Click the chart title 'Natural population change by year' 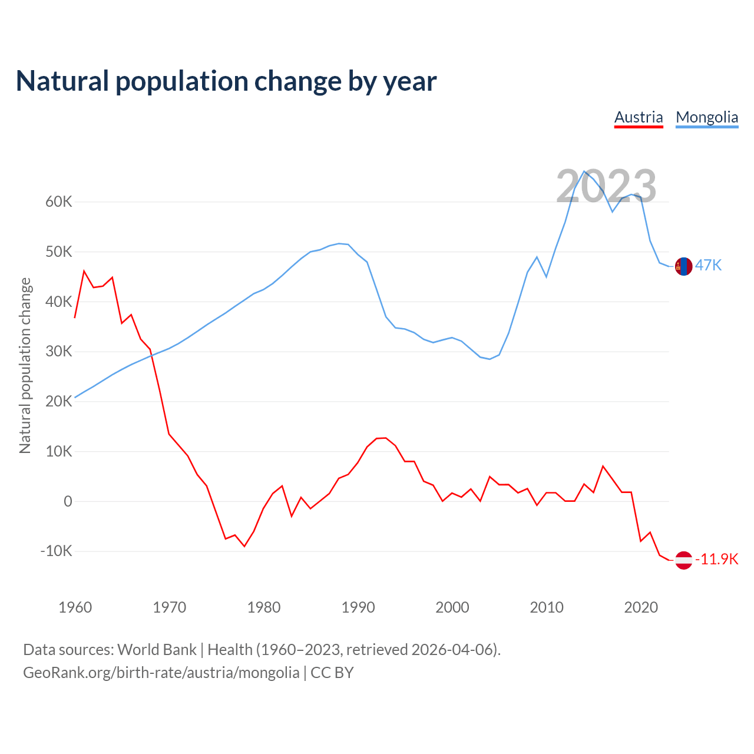click(x=226, y=81)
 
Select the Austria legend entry click(x=639, y=117)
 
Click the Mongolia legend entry click(x=707, y=117)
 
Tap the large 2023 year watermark click(x=606, y=186)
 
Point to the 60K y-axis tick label click(x=59, y=202)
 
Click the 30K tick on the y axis click(x=59, y=352)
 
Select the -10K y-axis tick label click(x=56, y=551)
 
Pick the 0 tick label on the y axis click(x=68, y=501)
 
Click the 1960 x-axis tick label click(x=75, y=607)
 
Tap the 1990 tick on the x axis click(x=358, y=607)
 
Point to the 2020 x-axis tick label click(x=641, y=607)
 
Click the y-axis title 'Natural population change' click(x=25, y=365)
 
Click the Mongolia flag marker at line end click(x=683, y=266)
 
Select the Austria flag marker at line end click(x=683, y=560)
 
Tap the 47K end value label click(x=708, y=265)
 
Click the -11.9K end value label click(x=717, y=559)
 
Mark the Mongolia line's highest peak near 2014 click(x=584, y=171)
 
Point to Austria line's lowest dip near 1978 click(x=244, y=546)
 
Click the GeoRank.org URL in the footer click(x=161, y=672)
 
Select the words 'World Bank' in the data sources click(x=157, y=650)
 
